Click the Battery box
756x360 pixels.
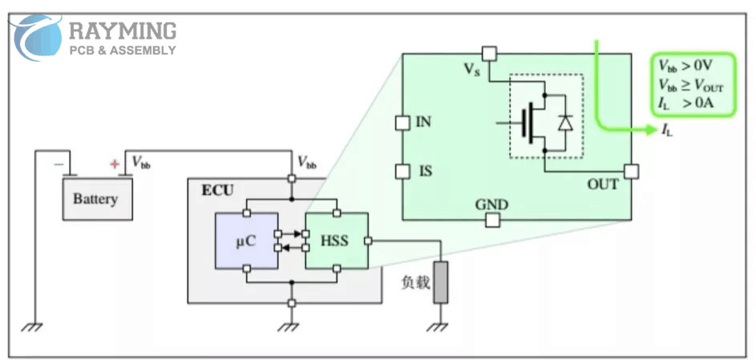point(95,199)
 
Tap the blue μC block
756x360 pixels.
point(246,241)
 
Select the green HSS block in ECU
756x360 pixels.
point(337,241)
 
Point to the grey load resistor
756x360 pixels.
point(440,282)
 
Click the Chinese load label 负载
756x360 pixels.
point(413,282)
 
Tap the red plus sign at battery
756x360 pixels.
point(115,164)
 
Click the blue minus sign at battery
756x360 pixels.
point(59,164)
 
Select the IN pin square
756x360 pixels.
point(403,123)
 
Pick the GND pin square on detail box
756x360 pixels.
point(491,220)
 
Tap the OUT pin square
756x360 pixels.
point(632,171)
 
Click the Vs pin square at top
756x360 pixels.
point(490,54)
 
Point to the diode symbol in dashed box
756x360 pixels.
point(565,123)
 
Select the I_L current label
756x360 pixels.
point(667,131)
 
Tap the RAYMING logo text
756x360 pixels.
point(122,31)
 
